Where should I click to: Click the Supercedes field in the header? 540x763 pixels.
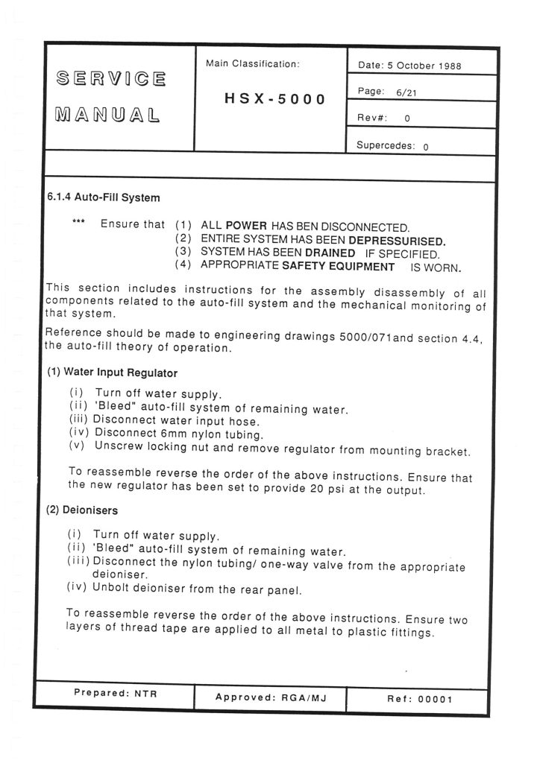pyautogui.click(x=392, y=146)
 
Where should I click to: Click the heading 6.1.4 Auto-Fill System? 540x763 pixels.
pyautogui.click(x=103, y=198)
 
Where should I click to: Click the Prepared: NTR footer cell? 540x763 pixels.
pyautogui.click(x=115, y=693)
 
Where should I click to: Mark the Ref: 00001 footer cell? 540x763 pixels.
pyautogui.click(x=420, y=699)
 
